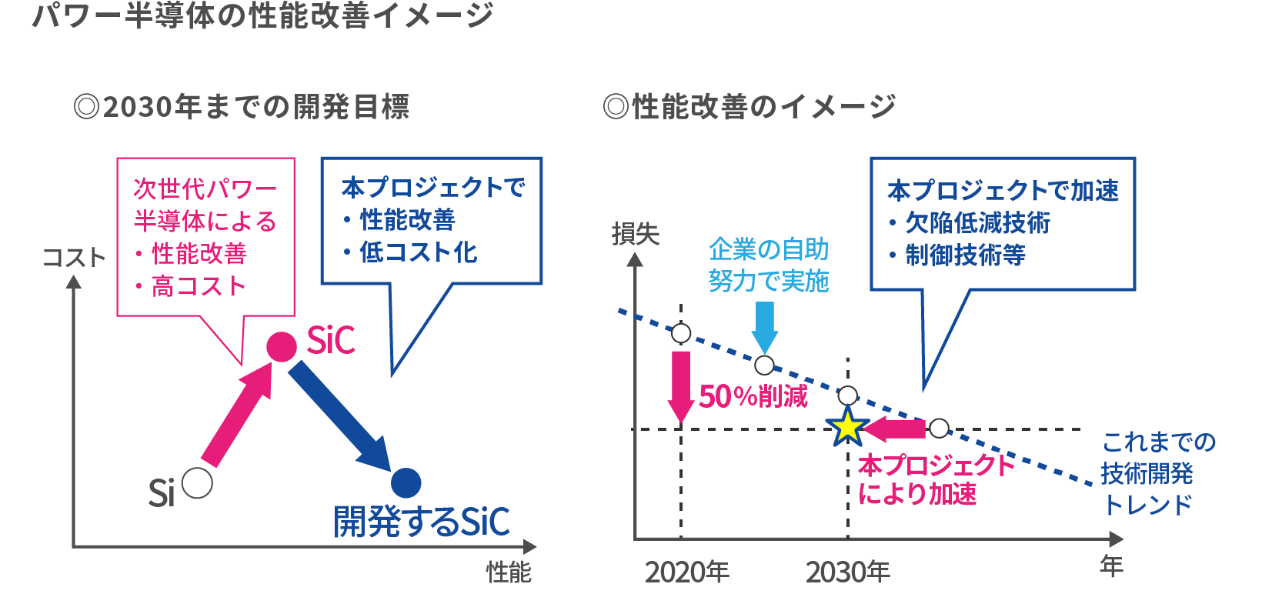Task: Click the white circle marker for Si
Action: click(198, 483)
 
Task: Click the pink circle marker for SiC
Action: click(282, 347)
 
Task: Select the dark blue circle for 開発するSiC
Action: click(406, 483)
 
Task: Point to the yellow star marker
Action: click(847, 428)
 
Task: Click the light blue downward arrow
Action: click(764, 327)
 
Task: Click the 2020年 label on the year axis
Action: click(686, 572)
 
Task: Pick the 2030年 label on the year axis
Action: click(847, 572)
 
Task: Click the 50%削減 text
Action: click(753, 397)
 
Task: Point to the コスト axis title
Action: click(74, 257)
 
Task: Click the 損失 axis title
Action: click(636, 234)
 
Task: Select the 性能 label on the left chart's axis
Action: click(509, 572)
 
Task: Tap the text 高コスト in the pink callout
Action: click(199, 286)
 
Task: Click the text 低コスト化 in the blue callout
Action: click(418, 252)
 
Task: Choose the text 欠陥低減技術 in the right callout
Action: click(977, 223)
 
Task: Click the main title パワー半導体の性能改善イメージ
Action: click(262, 16)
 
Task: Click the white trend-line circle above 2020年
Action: click(681, 333)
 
